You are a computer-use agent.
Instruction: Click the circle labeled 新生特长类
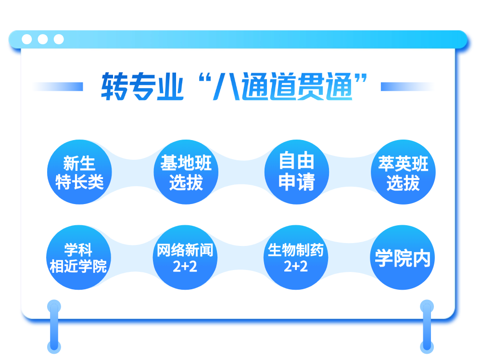click(x=79, y=172)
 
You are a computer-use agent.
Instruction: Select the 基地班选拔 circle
click(x=186, y=172)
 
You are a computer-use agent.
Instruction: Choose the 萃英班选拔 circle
click(x=403, y=172)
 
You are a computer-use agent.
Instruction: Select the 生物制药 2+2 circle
click(x=296, y=257)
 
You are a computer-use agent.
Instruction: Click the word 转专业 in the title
click(x=142, y=87)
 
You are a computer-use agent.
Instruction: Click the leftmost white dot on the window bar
click(x=27, y=39)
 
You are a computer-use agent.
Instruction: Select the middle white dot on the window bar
click(x=43, y=39)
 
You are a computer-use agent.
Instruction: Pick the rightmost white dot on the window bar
click(x=59, y=39)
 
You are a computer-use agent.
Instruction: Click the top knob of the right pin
click(x=427, y=306)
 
